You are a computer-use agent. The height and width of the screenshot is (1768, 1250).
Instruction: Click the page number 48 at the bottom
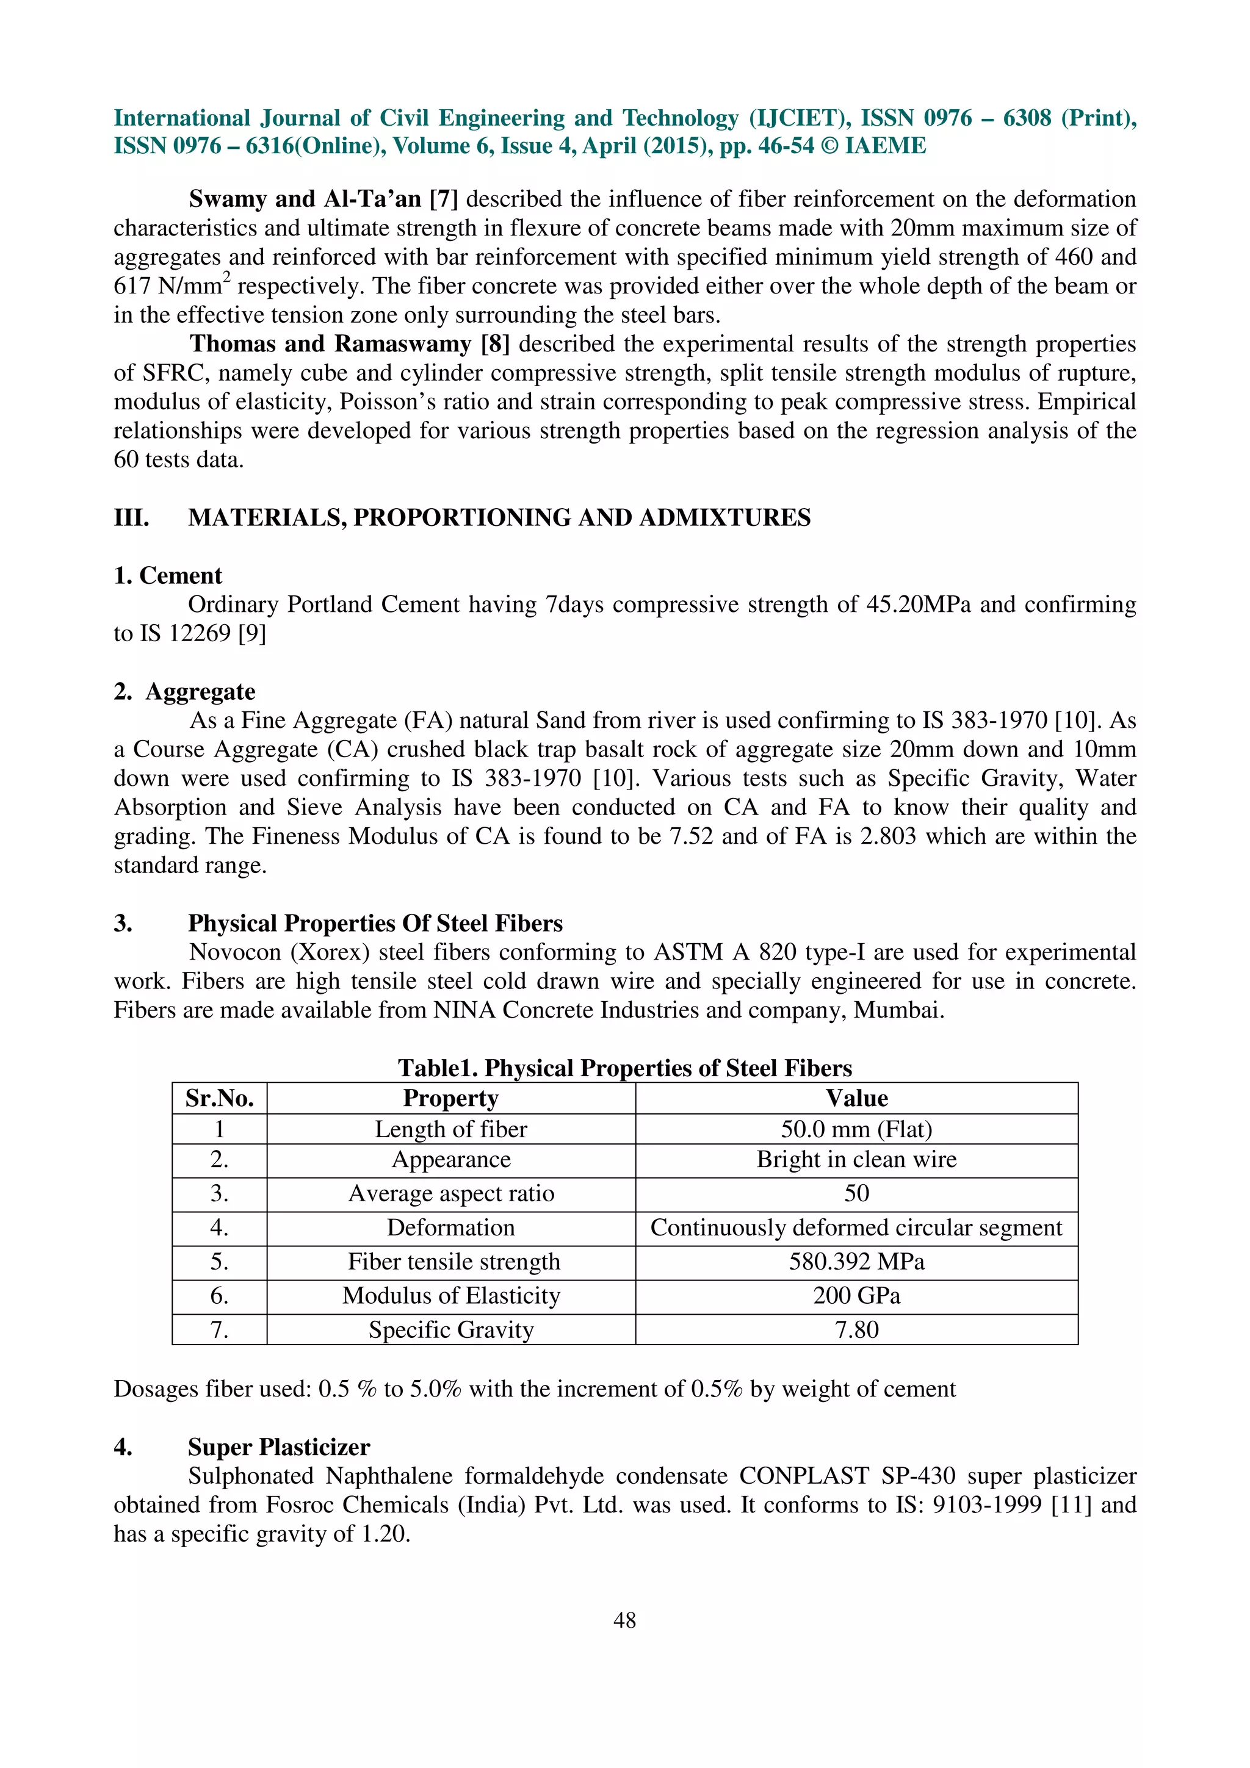pyautogui.click(x=624, y=1620)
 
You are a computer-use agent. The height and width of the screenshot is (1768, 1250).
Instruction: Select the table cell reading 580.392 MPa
pyautogui.click(x=856, y=1261)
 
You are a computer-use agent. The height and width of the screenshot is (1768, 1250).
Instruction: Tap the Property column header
pyautogui.click(x=450, y=1098)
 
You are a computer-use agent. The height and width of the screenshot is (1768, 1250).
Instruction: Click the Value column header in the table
pyautogui.click(x=856, y=1098)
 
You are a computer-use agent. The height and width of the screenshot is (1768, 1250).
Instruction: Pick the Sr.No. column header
pyautogui.click(x=220, y=1098)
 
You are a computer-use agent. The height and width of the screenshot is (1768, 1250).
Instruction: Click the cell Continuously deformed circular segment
pyautogui.click(x=856, y=1227)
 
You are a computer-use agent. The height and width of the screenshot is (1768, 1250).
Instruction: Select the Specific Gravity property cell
pyautogui.click(x=450, y=1330)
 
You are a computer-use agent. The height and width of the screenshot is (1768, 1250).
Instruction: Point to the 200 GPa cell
pyautogui.click(x=856, y=1295)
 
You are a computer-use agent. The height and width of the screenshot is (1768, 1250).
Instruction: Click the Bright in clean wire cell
pyautogui.click(x=856, y=1160)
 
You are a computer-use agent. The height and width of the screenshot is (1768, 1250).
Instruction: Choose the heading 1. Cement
pyautogui.click(x=168, y=575)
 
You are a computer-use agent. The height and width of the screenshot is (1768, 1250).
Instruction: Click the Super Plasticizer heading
pyautogui.click(x=279, y=1447)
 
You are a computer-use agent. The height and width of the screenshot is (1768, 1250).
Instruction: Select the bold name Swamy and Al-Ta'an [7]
pyautogui.click(x=323, y=199)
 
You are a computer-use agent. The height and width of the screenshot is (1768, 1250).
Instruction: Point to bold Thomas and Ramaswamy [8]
pyautogui.click(x=350, y=343)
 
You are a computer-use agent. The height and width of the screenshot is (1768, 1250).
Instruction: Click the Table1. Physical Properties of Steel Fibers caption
pyautogui.click(x=624, y=1068)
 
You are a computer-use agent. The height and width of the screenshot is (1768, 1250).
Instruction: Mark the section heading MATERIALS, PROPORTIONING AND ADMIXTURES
pyautogui.click(x=499, y=517)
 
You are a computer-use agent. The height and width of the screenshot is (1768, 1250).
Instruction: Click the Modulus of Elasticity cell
pyautogui.click(x=450, y=1295)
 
